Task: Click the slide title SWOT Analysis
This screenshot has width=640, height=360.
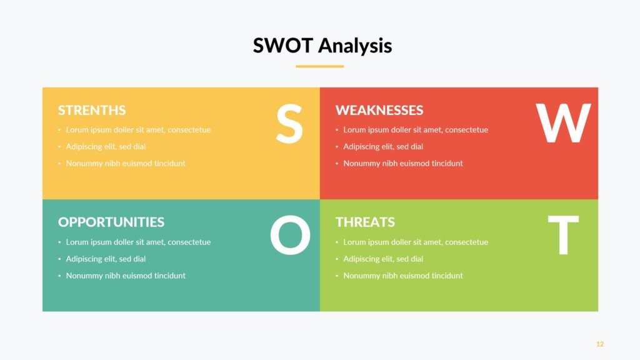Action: tap(322, 45)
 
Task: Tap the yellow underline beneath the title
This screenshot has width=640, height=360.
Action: tap(319, 66)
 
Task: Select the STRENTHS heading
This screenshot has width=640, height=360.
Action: tap(92, 110)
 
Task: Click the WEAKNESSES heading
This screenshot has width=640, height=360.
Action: tap(379, 110)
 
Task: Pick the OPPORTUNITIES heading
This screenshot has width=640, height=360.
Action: tap(111, 222)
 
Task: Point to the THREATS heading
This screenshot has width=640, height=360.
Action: tap(365, 222)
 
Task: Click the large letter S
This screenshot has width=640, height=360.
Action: tap(289, 123)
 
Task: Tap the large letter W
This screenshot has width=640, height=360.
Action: tap(563, 123)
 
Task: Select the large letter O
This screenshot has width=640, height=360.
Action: tap(290, 235)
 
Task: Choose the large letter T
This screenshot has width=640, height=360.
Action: tap(563, 235)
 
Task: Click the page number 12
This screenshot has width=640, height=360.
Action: tap(599, 344)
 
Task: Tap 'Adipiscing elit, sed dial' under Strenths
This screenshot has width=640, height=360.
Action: tap(106, 146)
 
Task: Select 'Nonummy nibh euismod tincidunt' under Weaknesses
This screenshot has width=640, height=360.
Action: tap(403, 163)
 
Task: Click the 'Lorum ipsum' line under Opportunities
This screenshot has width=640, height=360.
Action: tap(138, 242)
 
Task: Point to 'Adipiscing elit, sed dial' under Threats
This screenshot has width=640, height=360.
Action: tap(383, 259)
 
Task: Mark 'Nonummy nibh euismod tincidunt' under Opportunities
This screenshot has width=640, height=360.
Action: tap(126, 276)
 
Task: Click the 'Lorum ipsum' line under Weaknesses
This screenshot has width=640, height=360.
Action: tap(416, 130)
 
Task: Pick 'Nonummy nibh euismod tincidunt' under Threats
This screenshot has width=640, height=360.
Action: tap(403, 276)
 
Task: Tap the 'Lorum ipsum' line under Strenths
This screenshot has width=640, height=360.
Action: tap(138, 130)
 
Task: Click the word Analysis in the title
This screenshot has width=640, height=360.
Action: tap(355, 45)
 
